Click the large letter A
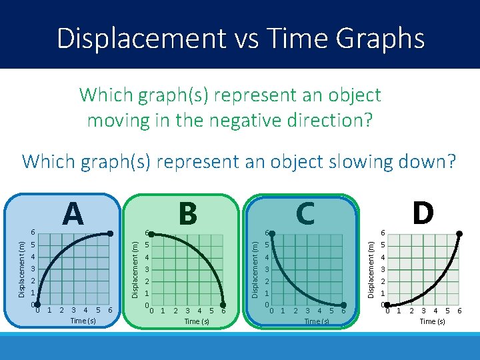73,214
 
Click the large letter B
188,214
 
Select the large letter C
305,214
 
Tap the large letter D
423,214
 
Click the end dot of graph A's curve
111,233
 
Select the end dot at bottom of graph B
223,306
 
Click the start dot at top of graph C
269,233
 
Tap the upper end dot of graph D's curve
459,233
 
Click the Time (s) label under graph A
83,321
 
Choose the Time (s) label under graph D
432,321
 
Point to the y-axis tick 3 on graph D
383,269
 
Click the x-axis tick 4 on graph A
85,310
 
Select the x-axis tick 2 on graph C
295,311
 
